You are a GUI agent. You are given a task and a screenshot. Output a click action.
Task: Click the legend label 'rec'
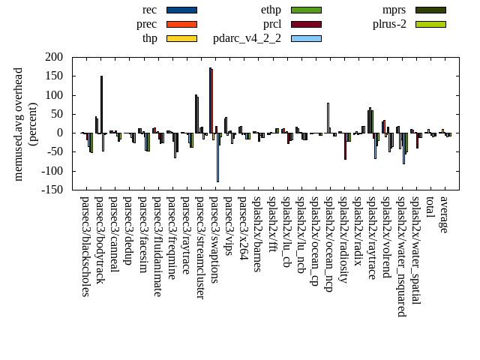(149, 10)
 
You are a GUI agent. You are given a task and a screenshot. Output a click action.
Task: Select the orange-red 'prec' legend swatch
(181, 24)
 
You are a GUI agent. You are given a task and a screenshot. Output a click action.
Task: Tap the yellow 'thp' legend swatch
(181, 38)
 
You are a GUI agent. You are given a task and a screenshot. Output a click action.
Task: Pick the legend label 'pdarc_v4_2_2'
(247, 38)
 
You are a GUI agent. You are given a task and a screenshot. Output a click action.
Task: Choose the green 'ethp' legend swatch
(306, 10)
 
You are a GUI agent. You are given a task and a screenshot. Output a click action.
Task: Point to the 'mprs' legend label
(394, 10)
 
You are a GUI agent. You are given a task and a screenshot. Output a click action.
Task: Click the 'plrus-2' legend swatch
(430, 24)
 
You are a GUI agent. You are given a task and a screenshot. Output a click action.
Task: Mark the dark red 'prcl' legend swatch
(306, 24)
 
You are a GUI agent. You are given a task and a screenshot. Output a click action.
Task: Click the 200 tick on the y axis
(53, 57)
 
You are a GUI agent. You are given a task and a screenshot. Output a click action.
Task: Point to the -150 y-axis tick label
(52, 190)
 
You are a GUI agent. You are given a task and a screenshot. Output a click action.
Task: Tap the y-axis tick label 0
(59, 133)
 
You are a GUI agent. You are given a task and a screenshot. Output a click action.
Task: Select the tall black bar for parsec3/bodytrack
(101, 104)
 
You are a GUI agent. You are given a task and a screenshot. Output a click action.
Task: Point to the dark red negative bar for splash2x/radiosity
(346, 146)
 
